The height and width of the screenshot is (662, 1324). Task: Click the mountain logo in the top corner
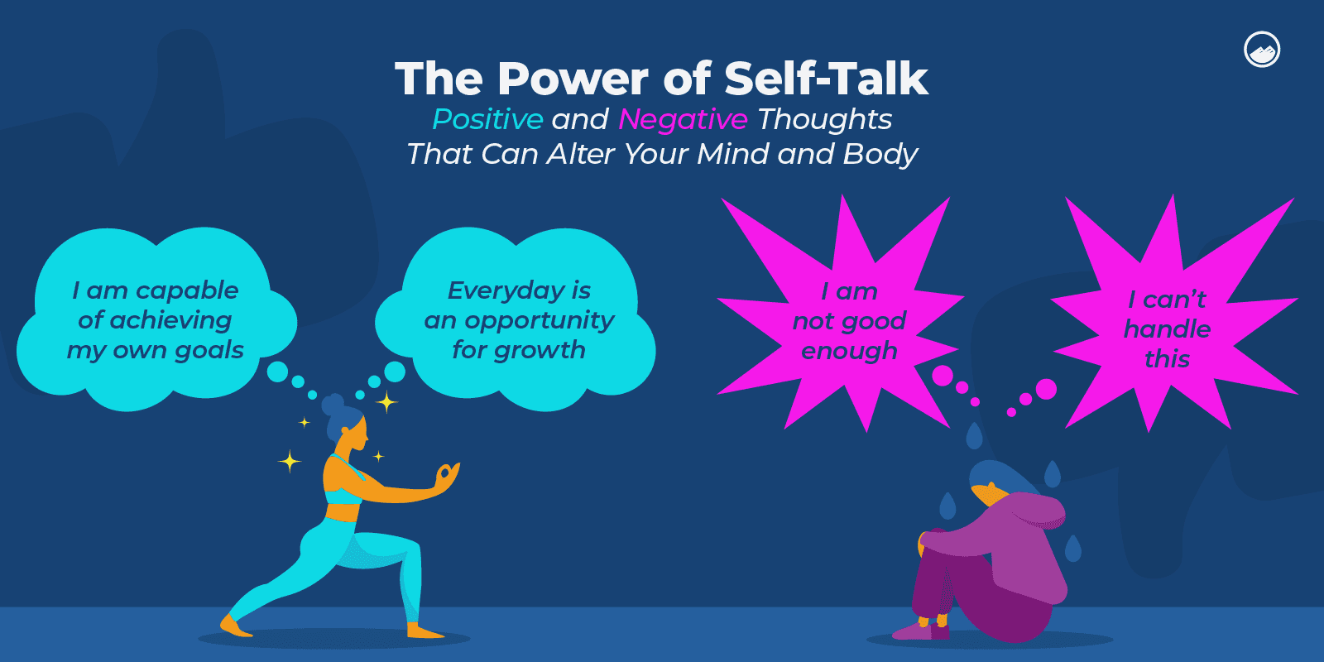(x=1262, y=50)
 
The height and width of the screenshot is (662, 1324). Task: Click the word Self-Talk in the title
(x=826, y=79)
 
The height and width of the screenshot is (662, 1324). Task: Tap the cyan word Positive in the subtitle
(x=487, y=119)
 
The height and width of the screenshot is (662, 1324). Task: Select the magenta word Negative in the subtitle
(x=683, y=119)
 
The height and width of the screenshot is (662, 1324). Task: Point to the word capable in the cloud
(x=187, y=290)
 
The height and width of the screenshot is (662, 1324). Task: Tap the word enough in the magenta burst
(x=849, y=351)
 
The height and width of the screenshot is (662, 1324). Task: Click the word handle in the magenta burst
(x=1167, y=329)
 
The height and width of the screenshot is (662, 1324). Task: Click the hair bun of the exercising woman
(x=333, y=405)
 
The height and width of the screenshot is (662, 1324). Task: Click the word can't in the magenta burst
(x=1174, y=299)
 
